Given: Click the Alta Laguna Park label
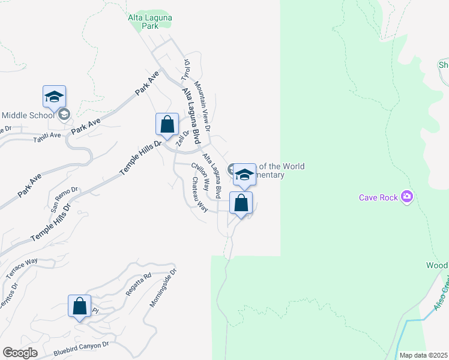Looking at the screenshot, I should tap(150, 22).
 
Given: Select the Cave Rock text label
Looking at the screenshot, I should tap(378, 197).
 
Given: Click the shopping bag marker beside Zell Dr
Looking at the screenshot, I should tap(167, 125).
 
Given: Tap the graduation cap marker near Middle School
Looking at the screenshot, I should tap(54, 97).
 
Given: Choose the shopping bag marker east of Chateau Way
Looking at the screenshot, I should tap(241, 203).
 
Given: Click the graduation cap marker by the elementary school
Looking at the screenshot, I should tap(244, 175).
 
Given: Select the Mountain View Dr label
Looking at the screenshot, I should tap(202, 107).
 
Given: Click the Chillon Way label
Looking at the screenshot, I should tap(200, 174).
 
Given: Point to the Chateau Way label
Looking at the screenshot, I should tap(199, 194).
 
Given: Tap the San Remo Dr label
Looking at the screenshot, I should tap(64, 199).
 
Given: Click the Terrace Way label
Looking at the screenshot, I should tap(22, 268).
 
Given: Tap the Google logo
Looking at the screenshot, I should tap(20, 353).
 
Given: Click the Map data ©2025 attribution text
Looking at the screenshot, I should tap(423, 355).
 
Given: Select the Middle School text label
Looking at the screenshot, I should tap(28, 115).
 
